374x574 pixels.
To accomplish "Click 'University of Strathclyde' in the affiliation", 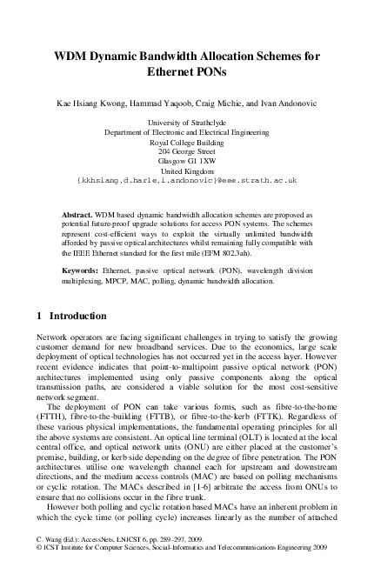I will pyautogui.click(x=187, y=124).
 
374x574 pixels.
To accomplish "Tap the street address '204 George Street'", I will pyautogui.click(x=187, y=151).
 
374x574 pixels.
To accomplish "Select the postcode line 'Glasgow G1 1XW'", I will pyautogui.click(x=187, y=161).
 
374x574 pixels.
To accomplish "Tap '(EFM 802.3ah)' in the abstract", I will pyautogui.click(x=253, y=255).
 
